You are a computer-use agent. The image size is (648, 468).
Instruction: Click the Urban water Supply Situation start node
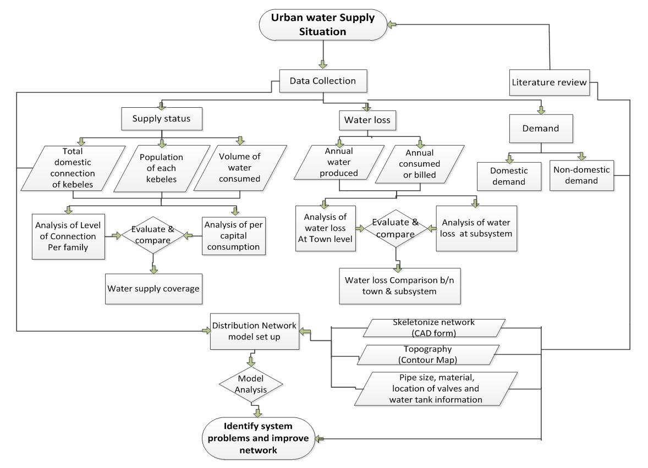(x=322, y=25)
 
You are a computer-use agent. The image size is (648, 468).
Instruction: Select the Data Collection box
(x=322, y=81)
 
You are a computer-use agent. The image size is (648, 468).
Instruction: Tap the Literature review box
(x=549, y=82)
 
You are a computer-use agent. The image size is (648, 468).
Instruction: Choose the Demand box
(x=541, y=129)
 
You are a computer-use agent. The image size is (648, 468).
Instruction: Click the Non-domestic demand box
(x=581, y=175)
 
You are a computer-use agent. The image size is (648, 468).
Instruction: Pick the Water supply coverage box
(x=153, y=288)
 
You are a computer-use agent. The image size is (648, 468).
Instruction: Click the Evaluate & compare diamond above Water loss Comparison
(x=396, y=229)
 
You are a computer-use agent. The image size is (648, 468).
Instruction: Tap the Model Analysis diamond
(x=251, y=383)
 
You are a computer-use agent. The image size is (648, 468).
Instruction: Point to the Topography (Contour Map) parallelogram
(x=429, y=355)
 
